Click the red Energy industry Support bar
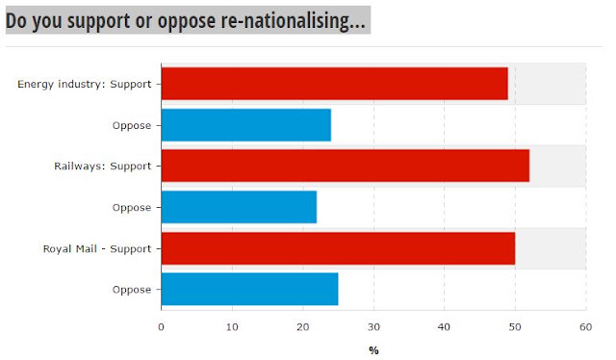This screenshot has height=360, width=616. [x=335, y=84]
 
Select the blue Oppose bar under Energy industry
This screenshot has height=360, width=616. [x=246, y=125]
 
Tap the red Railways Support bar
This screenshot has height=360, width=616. [x=346, y=166]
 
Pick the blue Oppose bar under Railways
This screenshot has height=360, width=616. [x=240, y=207]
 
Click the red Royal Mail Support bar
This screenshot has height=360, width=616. [x=338, y=248]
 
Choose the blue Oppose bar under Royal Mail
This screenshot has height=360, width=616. [x=250, y=289]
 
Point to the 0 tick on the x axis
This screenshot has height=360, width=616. [x=161, y=327]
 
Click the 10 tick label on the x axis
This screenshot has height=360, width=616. [x=232, y=327]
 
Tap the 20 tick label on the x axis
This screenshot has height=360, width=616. [x=303, y=327]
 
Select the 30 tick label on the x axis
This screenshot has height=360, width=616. [x=373, y=327]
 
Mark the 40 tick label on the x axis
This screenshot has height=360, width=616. [x=445, y=327]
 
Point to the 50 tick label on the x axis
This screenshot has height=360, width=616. [x=515, y=327]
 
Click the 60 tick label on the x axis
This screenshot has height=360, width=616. [x=586, y=327]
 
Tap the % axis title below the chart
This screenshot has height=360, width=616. [x=373, y=350]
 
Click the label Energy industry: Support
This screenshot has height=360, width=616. [x=84, y=84]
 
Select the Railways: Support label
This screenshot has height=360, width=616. [x=103, y=166]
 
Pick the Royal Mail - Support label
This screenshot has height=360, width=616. [x=97, y=248]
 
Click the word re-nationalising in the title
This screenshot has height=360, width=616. [x=293, y=21]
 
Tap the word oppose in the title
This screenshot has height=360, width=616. [x=186, y=22]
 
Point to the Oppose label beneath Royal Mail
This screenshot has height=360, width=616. [x=132, y=290]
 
